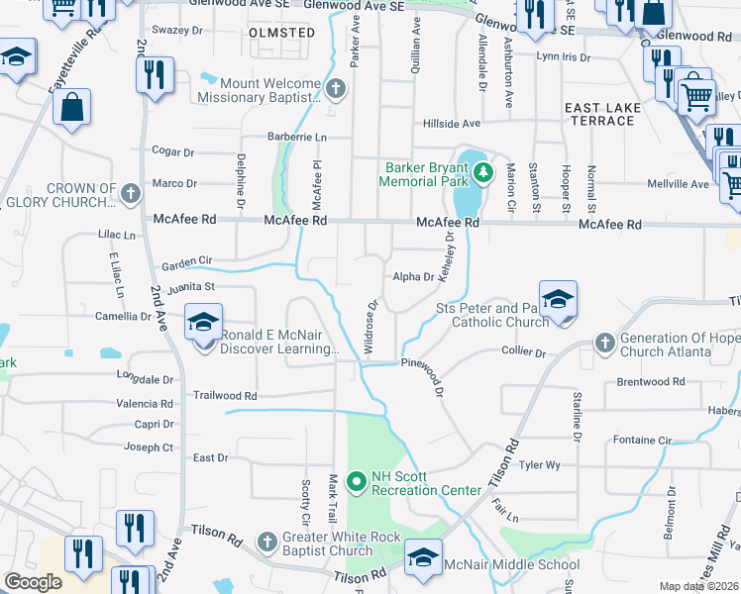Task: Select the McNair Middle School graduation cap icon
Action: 423,558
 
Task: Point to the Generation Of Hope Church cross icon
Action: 605,344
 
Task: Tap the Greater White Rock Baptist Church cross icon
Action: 265,542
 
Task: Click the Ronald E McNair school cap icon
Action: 204,325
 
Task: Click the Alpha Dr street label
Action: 413,278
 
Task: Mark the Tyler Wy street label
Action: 541,464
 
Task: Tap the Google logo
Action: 33,582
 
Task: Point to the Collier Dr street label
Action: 524,352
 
